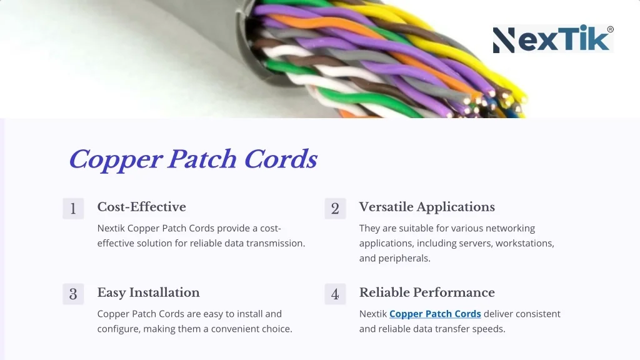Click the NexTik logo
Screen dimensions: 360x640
point(552,39)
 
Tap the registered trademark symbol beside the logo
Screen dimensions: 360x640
point(610,29)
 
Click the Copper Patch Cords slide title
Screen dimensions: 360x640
point(192,159)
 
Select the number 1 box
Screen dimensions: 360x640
point(73,209)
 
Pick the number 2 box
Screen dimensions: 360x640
point(335,209)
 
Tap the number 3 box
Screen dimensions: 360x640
point(73,294)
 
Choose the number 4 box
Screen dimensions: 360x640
point(335,294)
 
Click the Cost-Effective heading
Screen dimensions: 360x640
point(141,207)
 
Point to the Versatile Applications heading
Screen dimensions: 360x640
point(427,207)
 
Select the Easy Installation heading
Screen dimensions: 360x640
point(148,292)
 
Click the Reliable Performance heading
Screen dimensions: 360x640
point(427,292)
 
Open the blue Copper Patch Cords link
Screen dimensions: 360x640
point(435,314)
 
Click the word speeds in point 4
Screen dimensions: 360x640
point(489,329)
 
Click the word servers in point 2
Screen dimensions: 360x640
point(472,243)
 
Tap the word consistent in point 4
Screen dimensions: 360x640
point(532,314)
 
